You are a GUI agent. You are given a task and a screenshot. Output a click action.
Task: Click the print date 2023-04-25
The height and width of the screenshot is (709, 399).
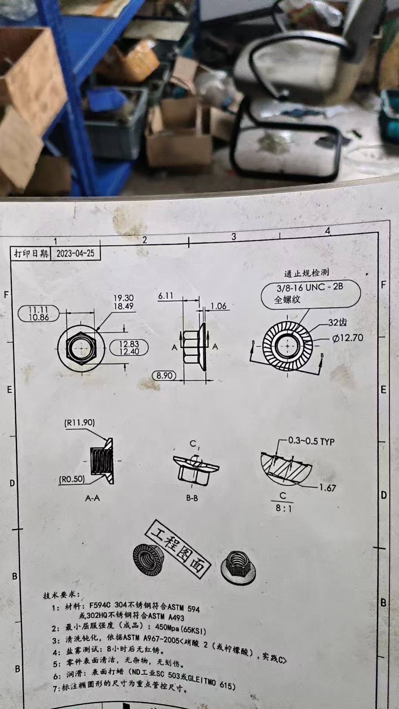[75, 253]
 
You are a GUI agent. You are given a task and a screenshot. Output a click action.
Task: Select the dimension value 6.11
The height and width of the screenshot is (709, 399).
[166, 296]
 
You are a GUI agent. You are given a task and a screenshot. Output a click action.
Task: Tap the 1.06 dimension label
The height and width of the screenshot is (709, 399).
[218, 306]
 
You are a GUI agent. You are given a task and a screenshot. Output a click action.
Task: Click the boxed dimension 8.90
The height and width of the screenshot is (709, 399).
[164, 376]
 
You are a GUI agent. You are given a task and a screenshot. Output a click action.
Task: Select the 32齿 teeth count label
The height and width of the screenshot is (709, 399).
[338, 322]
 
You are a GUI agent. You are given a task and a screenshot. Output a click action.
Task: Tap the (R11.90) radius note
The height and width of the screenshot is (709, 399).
[79, 422]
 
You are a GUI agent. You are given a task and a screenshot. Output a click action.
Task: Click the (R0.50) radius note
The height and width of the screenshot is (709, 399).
[72, 479]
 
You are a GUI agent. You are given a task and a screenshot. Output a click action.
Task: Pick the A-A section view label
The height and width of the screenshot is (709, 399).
[92, 498]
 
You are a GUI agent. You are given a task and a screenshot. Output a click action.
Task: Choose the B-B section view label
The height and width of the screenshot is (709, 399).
[192, 498]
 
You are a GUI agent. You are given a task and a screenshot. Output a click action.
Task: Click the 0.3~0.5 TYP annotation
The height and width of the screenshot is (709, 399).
[311, 441]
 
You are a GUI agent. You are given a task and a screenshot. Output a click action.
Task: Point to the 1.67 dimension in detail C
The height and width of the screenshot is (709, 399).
[327, 488]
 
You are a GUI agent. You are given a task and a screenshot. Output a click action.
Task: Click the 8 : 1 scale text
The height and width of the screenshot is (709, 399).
[283, 508]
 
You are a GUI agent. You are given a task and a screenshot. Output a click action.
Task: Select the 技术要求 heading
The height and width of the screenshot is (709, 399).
[61, 595]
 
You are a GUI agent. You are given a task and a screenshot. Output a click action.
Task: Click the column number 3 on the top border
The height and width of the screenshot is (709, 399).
[233, 237]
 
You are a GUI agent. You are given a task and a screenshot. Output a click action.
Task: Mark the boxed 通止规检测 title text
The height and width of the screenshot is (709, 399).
[306, 273]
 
